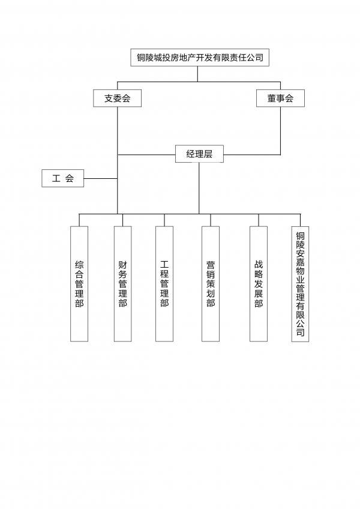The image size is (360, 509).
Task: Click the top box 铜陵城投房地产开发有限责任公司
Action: pyautogui.click(x=200, y=58)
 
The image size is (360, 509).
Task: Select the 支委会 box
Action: pyautogui.click(x=117, y=98)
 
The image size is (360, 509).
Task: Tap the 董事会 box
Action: pyautogui.click(x=280, y=98)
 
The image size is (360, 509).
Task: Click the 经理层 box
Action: pyautogui.click(x=199, y=154)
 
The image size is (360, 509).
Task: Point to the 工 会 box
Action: pyautogui.click(x=62, y=178)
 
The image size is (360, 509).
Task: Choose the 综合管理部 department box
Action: pyautogui.click(x=79, y=284)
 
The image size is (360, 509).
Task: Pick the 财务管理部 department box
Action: pyautogui.click(x=123, y=284)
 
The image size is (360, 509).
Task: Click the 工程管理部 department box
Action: pyautogui.click(x=164, y=284)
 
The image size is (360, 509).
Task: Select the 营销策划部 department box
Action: pyautogui.click(x=211, y=284)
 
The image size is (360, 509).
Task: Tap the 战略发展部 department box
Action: pyautogui.click(x=259, y=284)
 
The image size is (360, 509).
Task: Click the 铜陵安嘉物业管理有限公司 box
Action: pyautogui.click(x=300, y=284)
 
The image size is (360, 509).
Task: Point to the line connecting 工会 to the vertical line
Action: pyautogui.click(x=101, y=178)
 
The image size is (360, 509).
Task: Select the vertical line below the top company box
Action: pyautogui.click(x=197, y=74)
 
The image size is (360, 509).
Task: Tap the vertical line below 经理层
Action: pyautogui.click(x=199, y=188)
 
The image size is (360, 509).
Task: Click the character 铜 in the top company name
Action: pyautogui.click(x=141, y=58)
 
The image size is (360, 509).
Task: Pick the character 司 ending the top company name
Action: pyautogui.click(x=259, y=58)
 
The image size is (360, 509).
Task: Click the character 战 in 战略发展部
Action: pyautogui.click(x=259, y=265)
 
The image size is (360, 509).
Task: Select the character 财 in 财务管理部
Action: pyautogui.click(x=123, y=265)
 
